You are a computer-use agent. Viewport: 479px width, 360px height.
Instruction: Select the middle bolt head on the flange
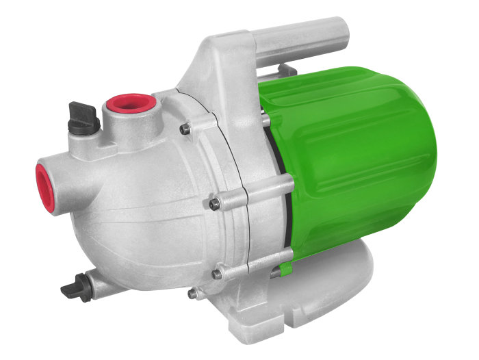213,203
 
